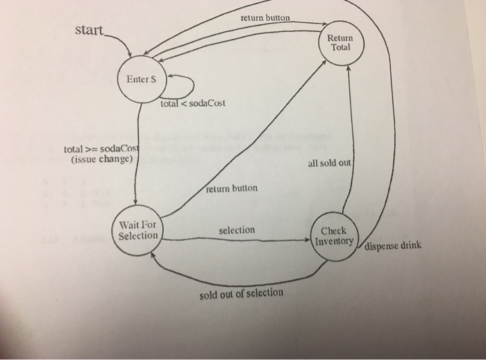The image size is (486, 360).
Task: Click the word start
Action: pos(89,31)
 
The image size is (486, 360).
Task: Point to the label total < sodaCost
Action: pos(192,104)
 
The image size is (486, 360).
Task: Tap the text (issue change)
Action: pos(101,160)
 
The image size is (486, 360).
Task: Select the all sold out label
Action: pos(330,164)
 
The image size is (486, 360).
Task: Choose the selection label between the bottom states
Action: pos(236,230)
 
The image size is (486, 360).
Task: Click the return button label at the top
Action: pos(265,17)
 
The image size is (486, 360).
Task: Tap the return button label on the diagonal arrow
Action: pos(233,188)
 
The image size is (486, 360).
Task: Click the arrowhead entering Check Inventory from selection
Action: pos(309,240)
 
